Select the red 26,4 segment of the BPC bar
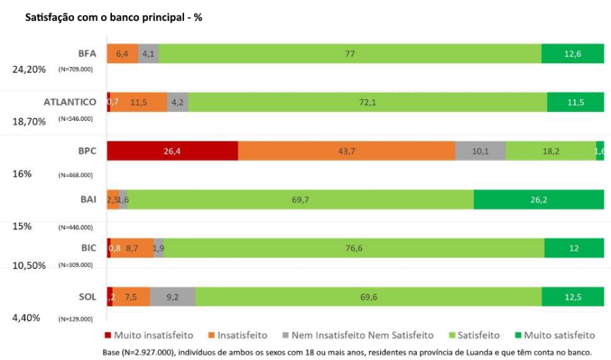(x=172, y=151)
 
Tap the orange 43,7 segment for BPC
(x=346, y=151)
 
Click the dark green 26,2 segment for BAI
(x=538, y=199)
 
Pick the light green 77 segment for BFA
(x=350, y=53)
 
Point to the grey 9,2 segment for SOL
(x=172, y=297)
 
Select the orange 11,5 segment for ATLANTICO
(x=139, y=102)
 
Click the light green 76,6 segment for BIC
(x=354, y=248)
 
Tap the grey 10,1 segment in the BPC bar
(x=480, y=151)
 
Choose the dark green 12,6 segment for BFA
(x=572, y=53)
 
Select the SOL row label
(x=87, y=297)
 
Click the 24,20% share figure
(x=29, y=69)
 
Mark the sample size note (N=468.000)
(x=75, y=175)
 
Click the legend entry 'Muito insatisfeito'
(x=149, y=335)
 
